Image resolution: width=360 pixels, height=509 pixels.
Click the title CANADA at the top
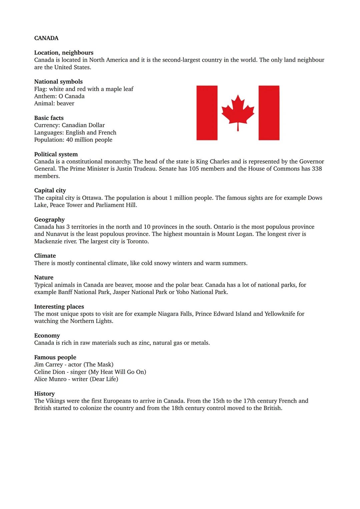(46, 38)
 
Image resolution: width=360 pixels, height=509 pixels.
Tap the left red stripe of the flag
(207, 113)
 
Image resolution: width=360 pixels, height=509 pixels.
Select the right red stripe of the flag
(269, 113)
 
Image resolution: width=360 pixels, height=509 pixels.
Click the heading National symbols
(58, 82)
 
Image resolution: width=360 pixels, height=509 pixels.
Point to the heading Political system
(56, 154)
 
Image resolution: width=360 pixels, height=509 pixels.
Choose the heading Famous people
(55, 357)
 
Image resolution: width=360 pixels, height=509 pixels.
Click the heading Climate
(45, 256)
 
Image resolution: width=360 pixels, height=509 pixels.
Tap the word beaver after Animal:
(65, 103)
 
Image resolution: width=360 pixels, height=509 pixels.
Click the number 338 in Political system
(317, 169)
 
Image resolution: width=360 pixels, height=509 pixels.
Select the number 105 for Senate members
(195, 169)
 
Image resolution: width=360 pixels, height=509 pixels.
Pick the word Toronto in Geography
(137, 241)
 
